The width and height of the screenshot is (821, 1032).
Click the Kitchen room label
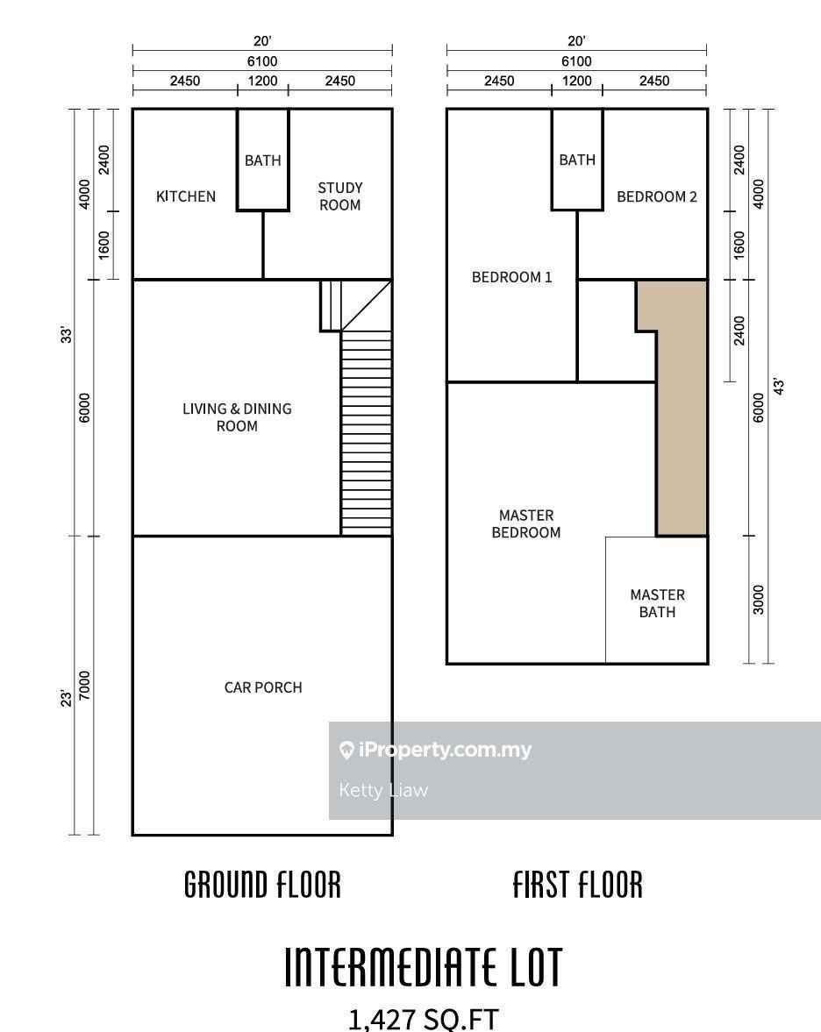pyautogui.click(x=186, y=196)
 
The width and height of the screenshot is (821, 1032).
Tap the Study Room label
pyautogui.click(x=339, y=196)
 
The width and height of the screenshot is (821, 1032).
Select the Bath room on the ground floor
pyautogui.click(x=262, y=160)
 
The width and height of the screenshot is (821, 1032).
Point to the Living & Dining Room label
pyautogui.click(x=237, y=417)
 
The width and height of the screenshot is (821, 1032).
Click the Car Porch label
pyautogui.click(x=262, y=687)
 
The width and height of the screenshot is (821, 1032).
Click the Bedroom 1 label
pyautogui.click(x=511, y=277)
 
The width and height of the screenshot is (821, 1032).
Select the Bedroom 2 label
pyautogui.click(x=656, y=196)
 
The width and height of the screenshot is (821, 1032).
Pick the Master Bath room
pyautogui.click(x=656, y=600)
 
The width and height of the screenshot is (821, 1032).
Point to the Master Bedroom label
pyautogui.click(x=526, y=524)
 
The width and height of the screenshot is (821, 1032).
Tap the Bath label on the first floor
pyautogui.click(x=577, y=160)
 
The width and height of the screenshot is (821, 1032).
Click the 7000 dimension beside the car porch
pyautogui.click(x=85, y=686)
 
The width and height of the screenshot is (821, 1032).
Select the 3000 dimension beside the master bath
pyautogui.click(x=759, y=600)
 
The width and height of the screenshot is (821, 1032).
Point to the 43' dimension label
pyautogui.click(x=779, y=387)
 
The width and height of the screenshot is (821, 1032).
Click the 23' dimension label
pyautogui.click(x=66, y=698)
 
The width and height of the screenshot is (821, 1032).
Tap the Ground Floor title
pyautogui.click(x=262, y=885)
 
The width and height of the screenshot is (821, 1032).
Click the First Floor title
pyautogui.click(x=577, y=885)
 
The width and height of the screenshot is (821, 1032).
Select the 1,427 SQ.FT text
pyautogui.click(x=423, y=1020)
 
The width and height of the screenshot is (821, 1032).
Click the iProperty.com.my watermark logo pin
pyautogui.click(x=346, y=750)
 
